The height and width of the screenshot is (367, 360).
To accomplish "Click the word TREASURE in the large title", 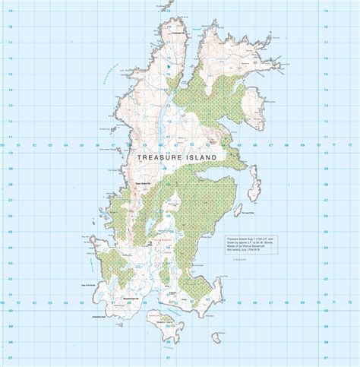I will coord(158,157).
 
